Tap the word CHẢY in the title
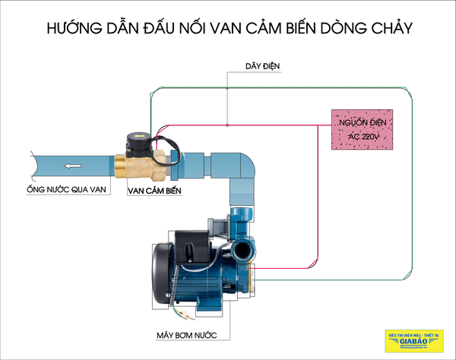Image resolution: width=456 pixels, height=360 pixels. (389, 30)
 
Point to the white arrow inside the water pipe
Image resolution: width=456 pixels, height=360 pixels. (74, 166)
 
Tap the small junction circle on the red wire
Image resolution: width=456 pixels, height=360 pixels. (227, 124)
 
